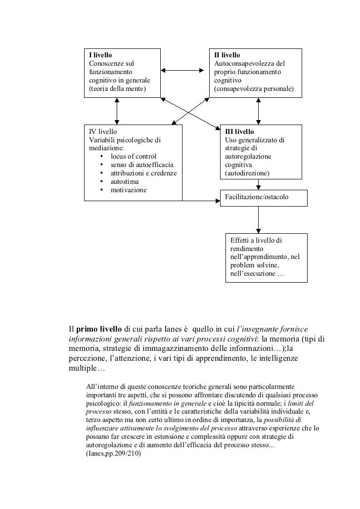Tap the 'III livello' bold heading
[239, 132]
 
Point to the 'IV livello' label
[103, 132]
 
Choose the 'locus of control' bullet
[133, 156]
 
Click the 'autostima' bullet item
[125, 182]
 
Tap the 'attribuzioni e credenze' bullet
[143, 173]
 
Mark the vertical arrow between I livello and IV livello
[117, 110]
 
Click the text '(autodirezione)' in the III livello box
[247, 173]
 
